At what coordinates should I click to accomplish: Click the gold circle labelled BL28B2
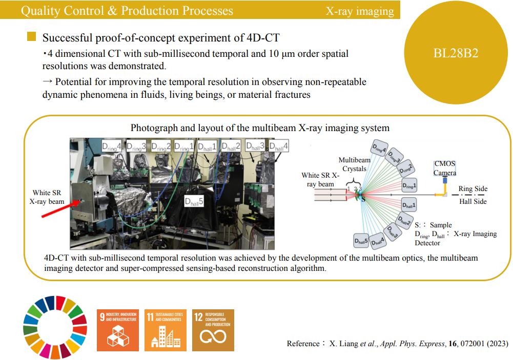(x=456, y=53)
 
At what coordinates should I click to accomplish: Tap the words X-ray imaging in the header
(x=360, y=11)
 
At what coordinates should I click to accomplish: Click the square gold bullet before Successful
(x=32, y=37)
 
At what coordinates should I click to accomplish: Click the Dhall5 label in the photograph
(x=194, y=202)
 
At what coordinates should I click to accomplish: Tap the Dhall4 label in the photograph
(x=279, y=146)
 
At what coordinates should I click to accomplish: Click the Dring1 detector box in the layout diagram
(x=408, y=184)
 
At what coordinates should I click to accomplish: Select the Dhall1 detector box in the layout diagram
(x=408, y=205)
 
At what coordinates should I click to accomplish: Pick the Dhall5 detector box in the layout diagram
(x=362, y=240)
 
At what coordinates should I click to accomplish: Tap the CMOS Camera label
(x=445, y=168)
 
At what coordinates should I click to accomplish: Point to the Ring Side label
(x=473, y=189)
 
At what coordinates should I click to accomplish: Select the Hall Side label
(x=473, y=201)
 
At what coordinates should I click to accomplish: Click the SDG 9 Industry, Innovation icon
(x=118, y=330)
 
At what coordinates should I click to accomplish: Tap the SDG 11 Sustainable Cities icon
(x=166, y=330)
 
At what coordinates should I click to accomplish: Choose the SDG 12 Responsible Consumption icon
(x=213, y=330)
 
